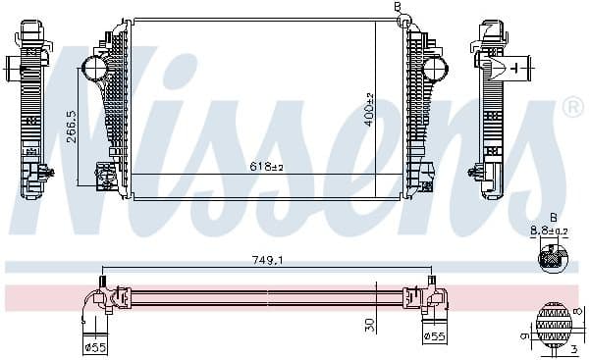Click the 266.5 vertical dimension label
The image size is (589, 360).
pyautogui.click(x=73, y=126)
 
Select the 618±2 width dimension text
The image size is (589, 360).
pyautogui.click(x=265, y=167)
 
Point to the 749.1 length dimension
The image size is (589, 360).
pyautogui.click(x=266, y=261)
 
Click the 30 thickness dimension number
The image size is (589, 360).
pyautogui.click(x=369, y=324)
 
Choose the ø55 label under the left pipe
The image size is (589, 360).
pyautogui.click(x=95, y=346)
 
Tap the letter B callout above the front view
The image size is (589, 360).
pyautogui.click(x=398, y=7)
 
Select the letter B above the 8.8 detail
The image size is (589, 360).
pyautogui.click(x=553, y=218)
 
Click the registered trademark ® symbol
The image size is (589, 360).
pyautogui.click(x=573, y=106)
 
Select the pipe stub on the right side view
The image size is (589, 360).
pyautogui.click(x=517, y=68)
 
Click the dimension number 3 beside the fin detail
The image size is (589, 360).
pyautogui.click(x=573, y=348)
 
